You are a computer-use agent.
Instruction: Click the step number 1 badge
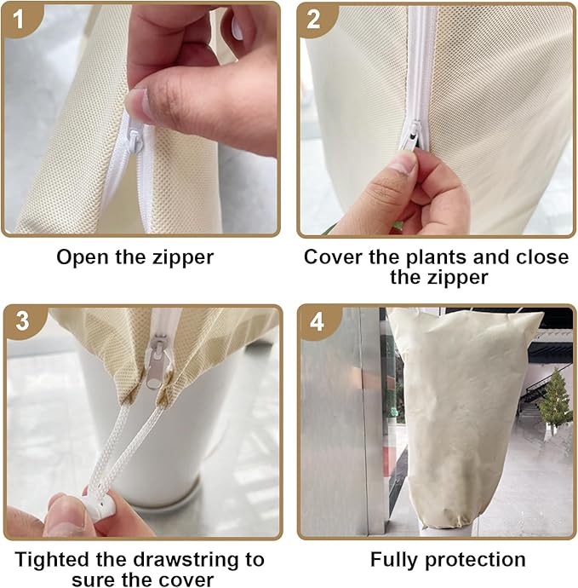coord(19,20)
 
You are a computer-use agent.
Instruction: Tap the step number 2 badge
coord(314,20)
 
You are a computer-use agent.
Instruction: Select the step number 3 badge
coord(22,321)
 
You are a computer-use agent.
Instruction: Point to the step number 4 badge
coord(317,321)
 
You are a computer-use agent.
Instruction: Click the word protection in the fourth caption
coord(475,561)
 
